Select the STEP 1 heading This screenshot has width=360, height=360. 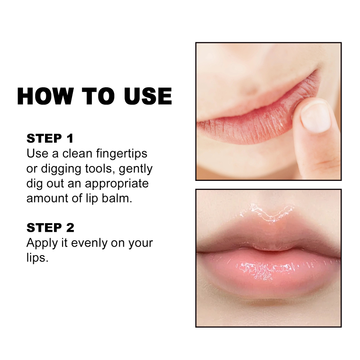[50, 139]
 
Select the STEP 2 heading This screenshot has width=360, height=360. [50, 228]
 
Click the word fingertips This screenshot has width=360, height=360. [121, 154]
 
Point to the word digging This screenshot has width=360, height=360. [61, 169]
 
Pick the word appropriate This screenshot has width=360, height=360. [117, 184]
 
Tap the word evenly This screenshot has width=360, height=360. [89, 243]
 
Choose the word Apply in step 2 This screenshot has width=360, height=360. [42, 243]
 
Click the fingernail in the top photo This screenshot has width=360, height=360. [316, 117]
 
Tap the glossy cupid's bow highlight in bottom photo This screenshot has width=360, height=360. [268, 212]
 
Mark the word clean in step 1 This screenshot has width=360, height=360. [77, 153]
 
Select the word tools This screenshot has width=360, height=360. [99, 169]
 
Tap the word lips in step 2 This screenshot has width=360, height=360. [37, 257]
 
